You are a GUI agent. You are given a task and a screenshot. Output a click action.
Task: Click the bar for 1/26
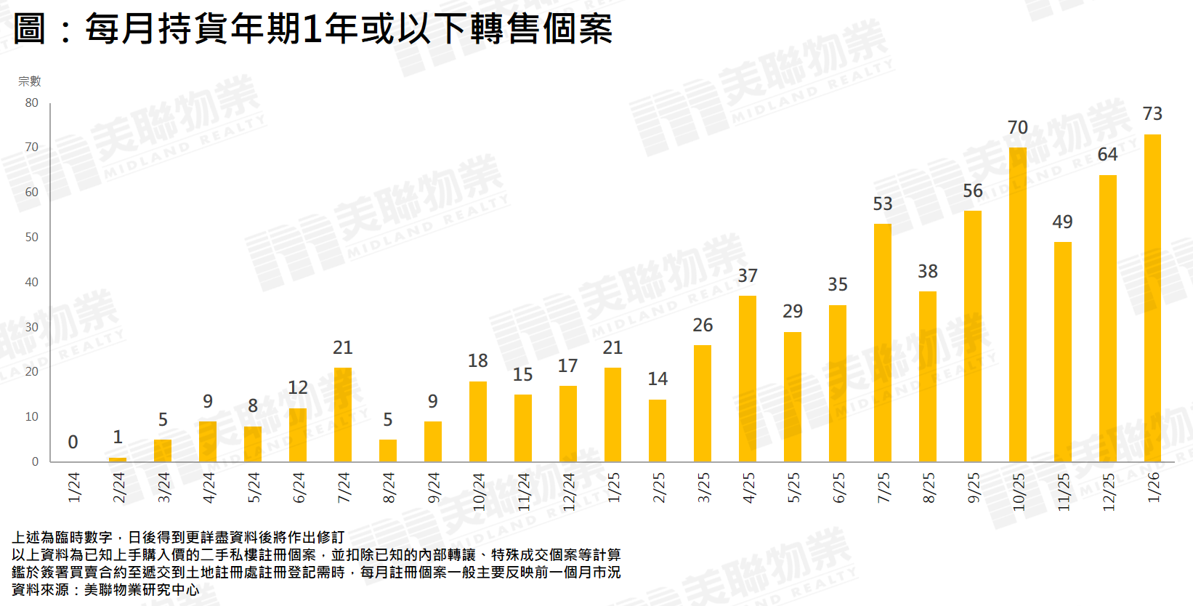click(1152, 298)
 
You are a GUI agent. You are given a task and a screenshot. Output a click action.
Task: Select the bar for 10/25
click(1017, 304)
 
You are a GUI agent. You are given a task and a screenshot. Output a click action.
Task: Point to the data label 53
click(882, 204)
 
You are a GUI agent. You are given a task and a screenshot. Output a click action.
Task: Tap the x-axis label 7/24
click(344, 487)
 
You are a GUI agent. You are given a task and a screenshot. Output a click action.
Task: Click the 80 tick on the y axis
click(31, 103)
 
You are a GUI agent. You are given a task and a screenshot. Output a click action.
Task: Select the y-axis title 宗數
click(30, 81)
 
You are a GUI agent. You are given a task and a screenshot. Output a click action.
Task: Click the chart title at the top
click(313, 29)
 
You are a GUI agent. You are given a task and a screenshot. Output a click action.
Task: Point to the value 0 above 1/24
click(73, 442)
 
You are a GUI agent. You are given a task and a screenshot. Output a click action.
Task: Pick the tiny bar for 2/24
click(118, 459)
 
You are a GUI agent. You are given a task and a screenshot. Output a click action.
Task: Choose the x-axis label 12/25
click(1109, 491)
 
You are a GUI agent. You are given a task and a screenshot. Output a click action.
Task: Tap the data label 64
click(1107, 155)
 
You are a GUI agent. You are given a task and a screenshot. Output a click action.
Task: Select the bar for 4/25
click(748, 379)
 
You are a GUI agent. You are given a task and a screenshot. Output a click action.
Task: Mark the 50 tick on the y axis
click(31, 238)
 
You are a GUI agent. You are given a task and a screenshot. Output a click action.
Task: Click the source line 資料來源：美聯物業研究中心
click(105, 590)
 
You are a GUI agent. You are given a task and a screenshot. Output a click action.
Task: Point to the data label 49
click(1062, 222)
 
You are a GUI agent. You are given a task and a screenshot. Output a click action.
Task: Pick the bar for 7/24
click(343, 415)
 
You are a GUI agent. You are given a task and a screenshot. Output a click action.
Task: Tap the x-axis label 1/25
click(614, 487)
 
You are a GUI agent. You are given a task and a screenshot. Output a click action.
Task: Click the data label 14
click(658, 379)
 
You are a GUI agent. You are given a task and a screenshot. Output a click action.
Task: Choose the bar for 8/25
click(927, 376)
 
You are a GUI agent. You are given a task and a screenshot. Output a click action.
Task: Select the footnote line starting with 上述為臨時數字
click(178, 538)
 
